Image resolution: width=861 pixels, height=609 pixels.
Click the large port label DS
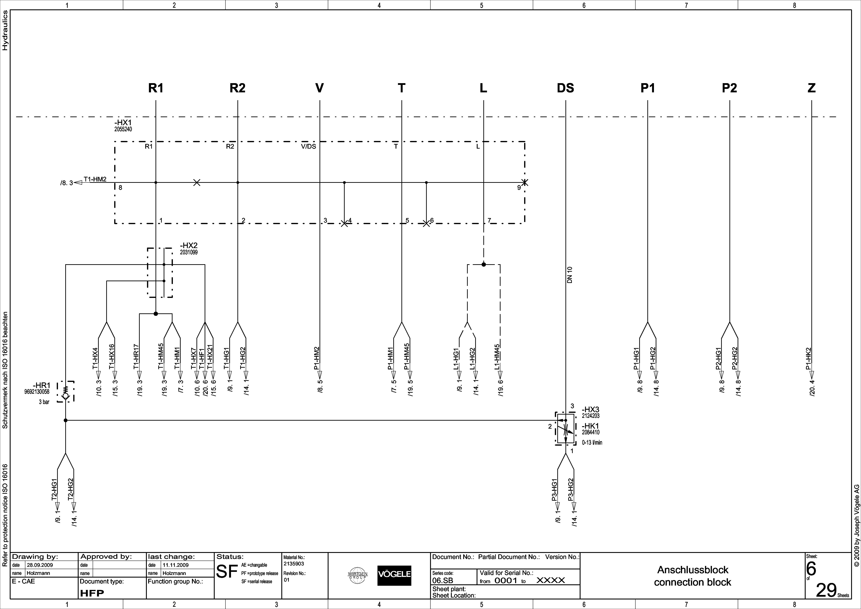click(565, 88)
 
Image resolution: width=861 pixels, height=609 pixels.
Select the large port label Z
click(812, 88)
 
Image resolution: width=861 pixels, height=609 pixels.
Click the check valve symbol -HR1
click(66, 392)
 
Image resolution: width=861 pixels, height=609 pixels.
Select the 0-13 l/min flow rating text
click(592, 443)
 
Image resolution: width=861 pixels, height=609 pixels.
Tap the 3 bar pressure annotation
click(44, 402)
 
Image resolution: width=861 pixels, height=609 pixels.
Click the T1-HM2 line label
click(95, 179)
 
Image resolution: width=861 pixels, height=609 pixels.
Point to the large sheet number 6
click(811, 569)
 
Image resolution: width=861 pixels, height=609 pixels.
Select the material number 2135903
click(294, 564)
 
